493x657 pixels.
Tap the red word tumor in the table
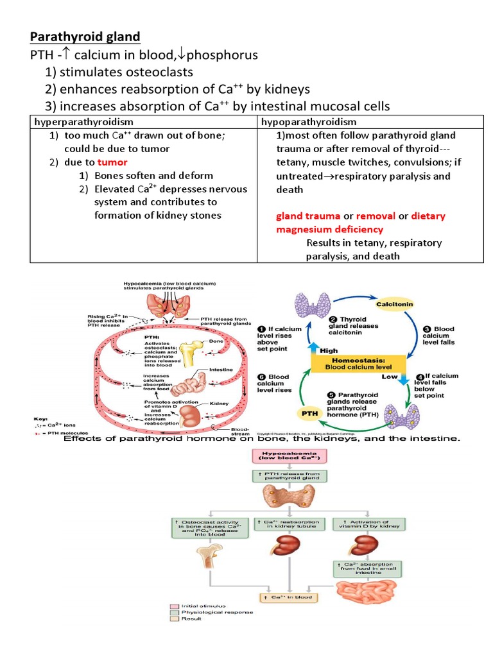pyautogui.click(x=112, y=162)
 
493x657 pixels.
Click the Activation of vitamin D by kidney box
pyautogui.click(x=366, y=525)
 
